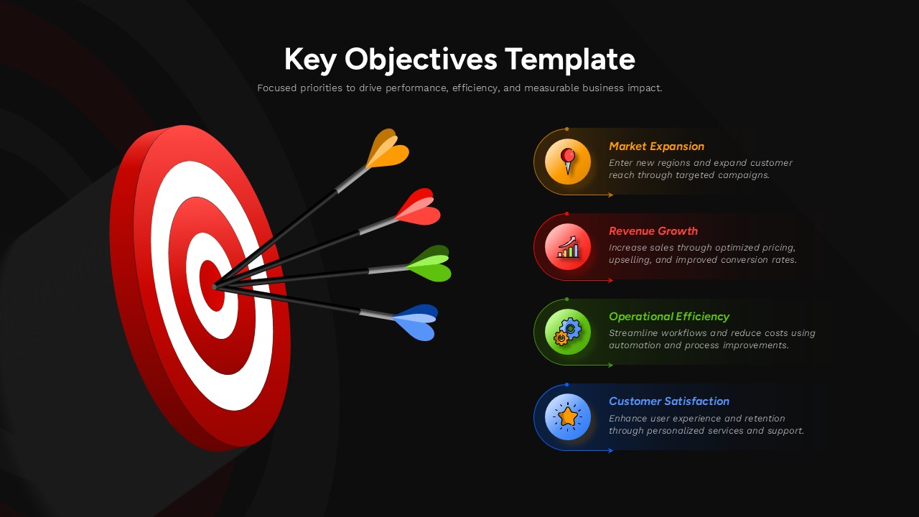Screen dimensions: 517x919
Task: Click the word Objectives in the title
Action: coord(421,60)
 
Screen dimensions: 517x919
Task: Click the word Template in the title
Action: coord(569,60)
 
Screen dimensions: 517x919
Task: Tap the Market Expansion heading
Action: coord(656,146)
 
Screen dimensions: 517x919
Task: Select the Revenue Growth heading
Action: coord(653,231)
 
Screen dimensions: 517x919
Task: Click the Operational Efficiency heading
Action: coord(668,317)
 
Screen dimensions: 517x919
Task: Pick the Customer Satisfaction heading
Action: coord(668,401)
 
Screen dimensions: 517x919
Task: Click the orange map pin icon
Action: coord(568,162)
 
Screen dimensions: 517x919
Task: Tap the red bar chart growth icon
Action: coord(568,246)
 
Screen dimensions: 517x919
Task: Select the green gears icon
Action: coord(568,332)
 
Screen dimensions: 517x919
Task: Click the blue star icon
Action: coord(568,416)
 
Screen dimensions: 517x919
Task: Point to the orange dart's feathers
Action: coord(388,149)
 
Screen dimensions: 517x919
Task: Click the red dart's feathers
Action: coord(419,208)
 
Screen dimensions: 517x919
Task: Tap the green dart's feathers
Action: coord(429,264)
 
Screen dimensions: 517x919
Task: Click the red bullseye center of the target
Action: coord(210,286)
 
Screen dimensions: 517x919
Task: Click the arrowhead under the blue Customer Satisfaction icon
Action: coord(610,451)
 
